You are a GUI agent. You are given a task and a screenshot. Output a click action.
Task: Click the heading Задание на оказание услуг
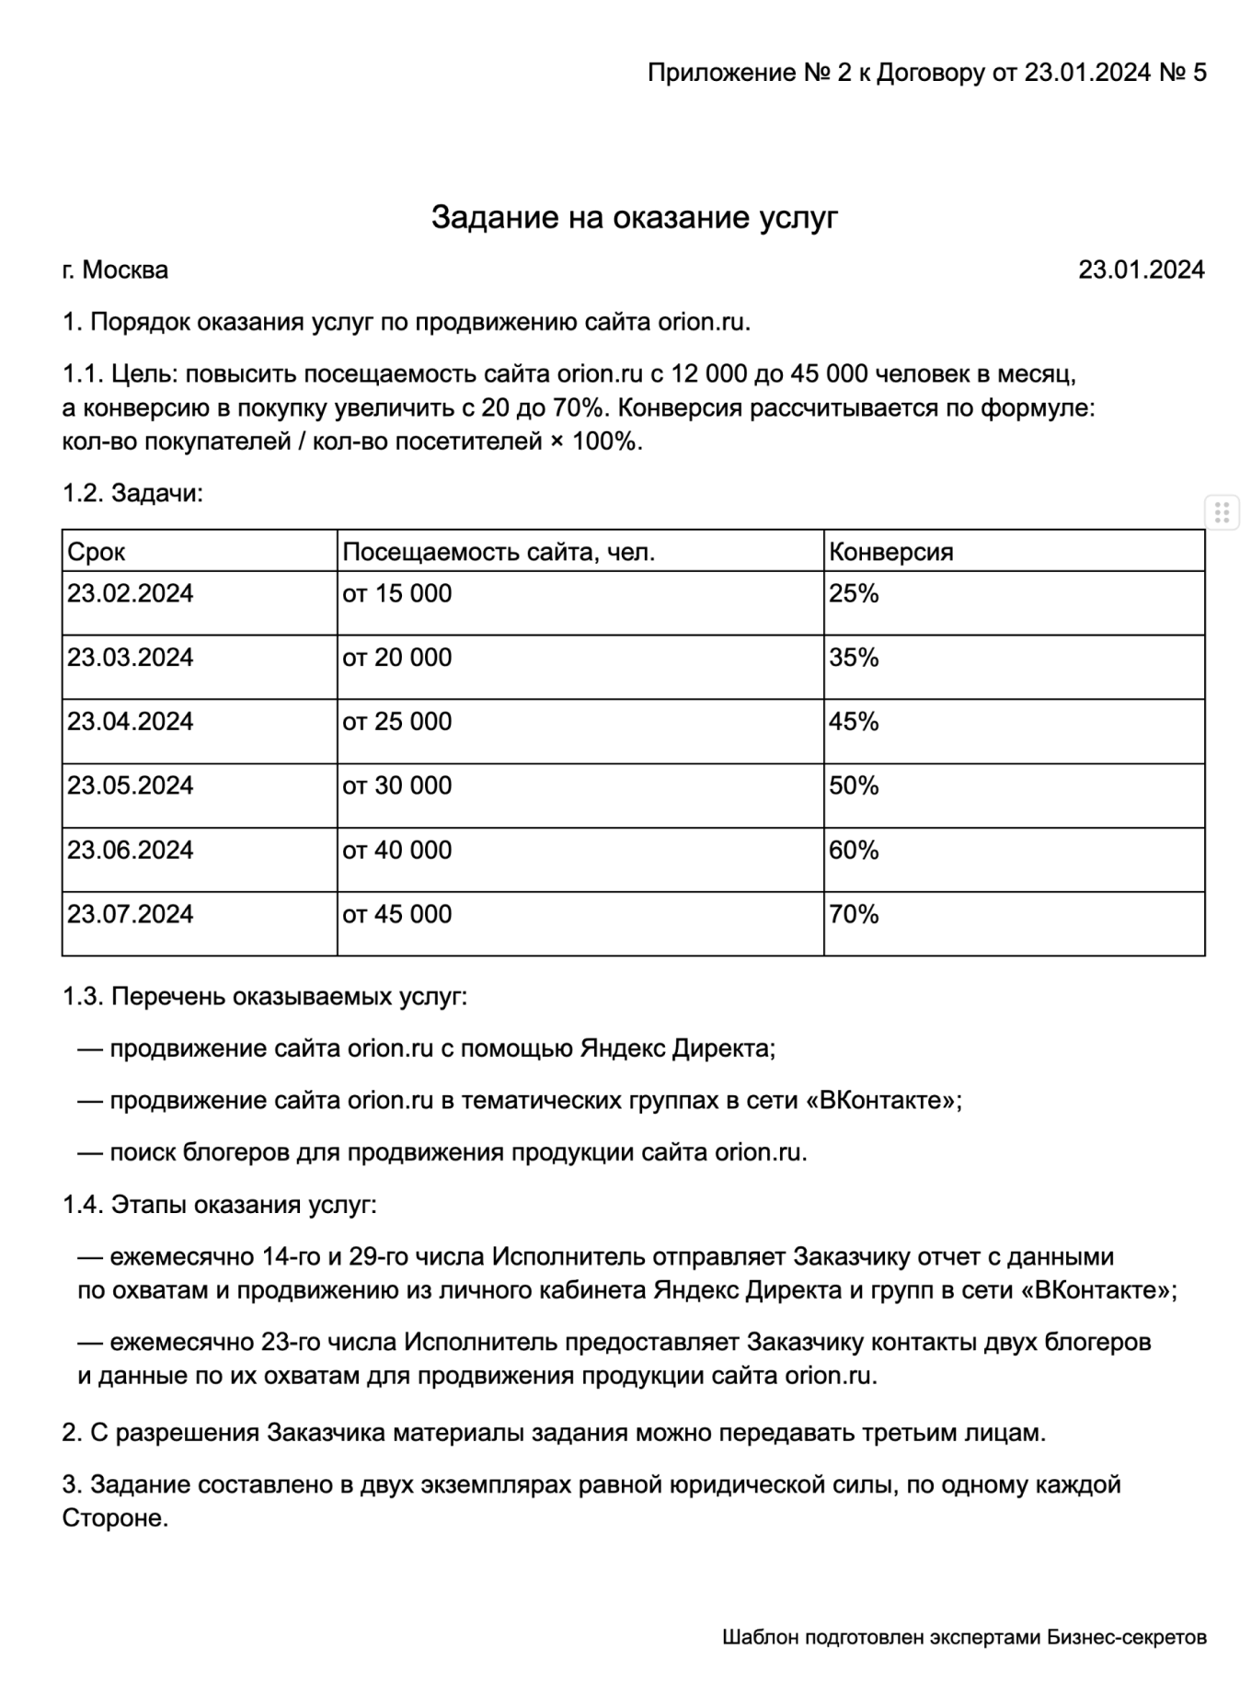(635, 218)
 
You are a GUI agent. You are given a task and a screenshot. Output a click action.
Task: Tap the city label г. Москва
(115, 270)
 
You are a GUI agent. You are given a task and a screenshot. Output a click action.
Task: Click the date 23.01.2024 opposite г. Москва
(1141, 270)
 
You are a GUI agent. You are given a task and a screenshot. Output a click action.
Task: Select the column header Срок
(97, 552)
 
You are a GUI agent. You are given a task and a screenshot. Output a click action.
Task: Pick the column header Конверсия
(890, 552)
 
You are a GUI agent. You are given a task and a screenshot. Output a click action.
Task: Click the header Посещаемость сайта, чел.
(499, 552)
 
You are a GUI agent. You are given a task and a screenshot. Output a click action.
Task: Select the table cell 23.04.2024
(130, 721)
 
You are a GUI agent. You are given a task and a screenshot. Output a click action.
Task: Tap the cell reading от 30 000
(397, 785)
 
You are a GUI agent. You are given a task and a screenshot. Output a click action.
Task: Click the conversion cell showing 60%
(854, 850)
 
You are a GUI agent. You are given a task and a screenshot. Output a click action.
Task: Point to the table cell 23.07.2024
(130, 914)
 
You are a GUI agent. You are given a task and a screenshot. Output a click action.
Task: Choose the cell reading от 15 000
(397, 593)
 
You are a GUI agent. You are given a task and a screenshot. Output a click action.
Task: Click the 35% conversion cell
(854, 658)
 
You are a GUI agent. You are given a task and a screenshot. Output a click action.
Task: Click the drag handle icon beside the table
(1222, 511)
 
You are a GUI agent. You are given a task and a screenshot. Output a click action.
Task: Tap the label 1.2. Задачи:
(132, 494)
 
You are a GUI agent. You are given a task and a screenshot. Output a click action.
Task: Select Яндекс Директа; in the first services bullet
(678, 1048)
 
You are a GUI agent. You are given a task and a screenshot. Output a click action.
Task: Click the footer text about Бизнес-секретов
(964, 1638)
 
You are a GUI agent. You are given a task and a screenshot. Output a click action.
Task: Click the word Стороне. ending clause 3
(115, 1518)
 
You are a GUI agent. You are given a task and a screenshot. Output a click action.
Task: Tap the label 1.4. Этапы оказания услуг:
(219, 1205)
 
